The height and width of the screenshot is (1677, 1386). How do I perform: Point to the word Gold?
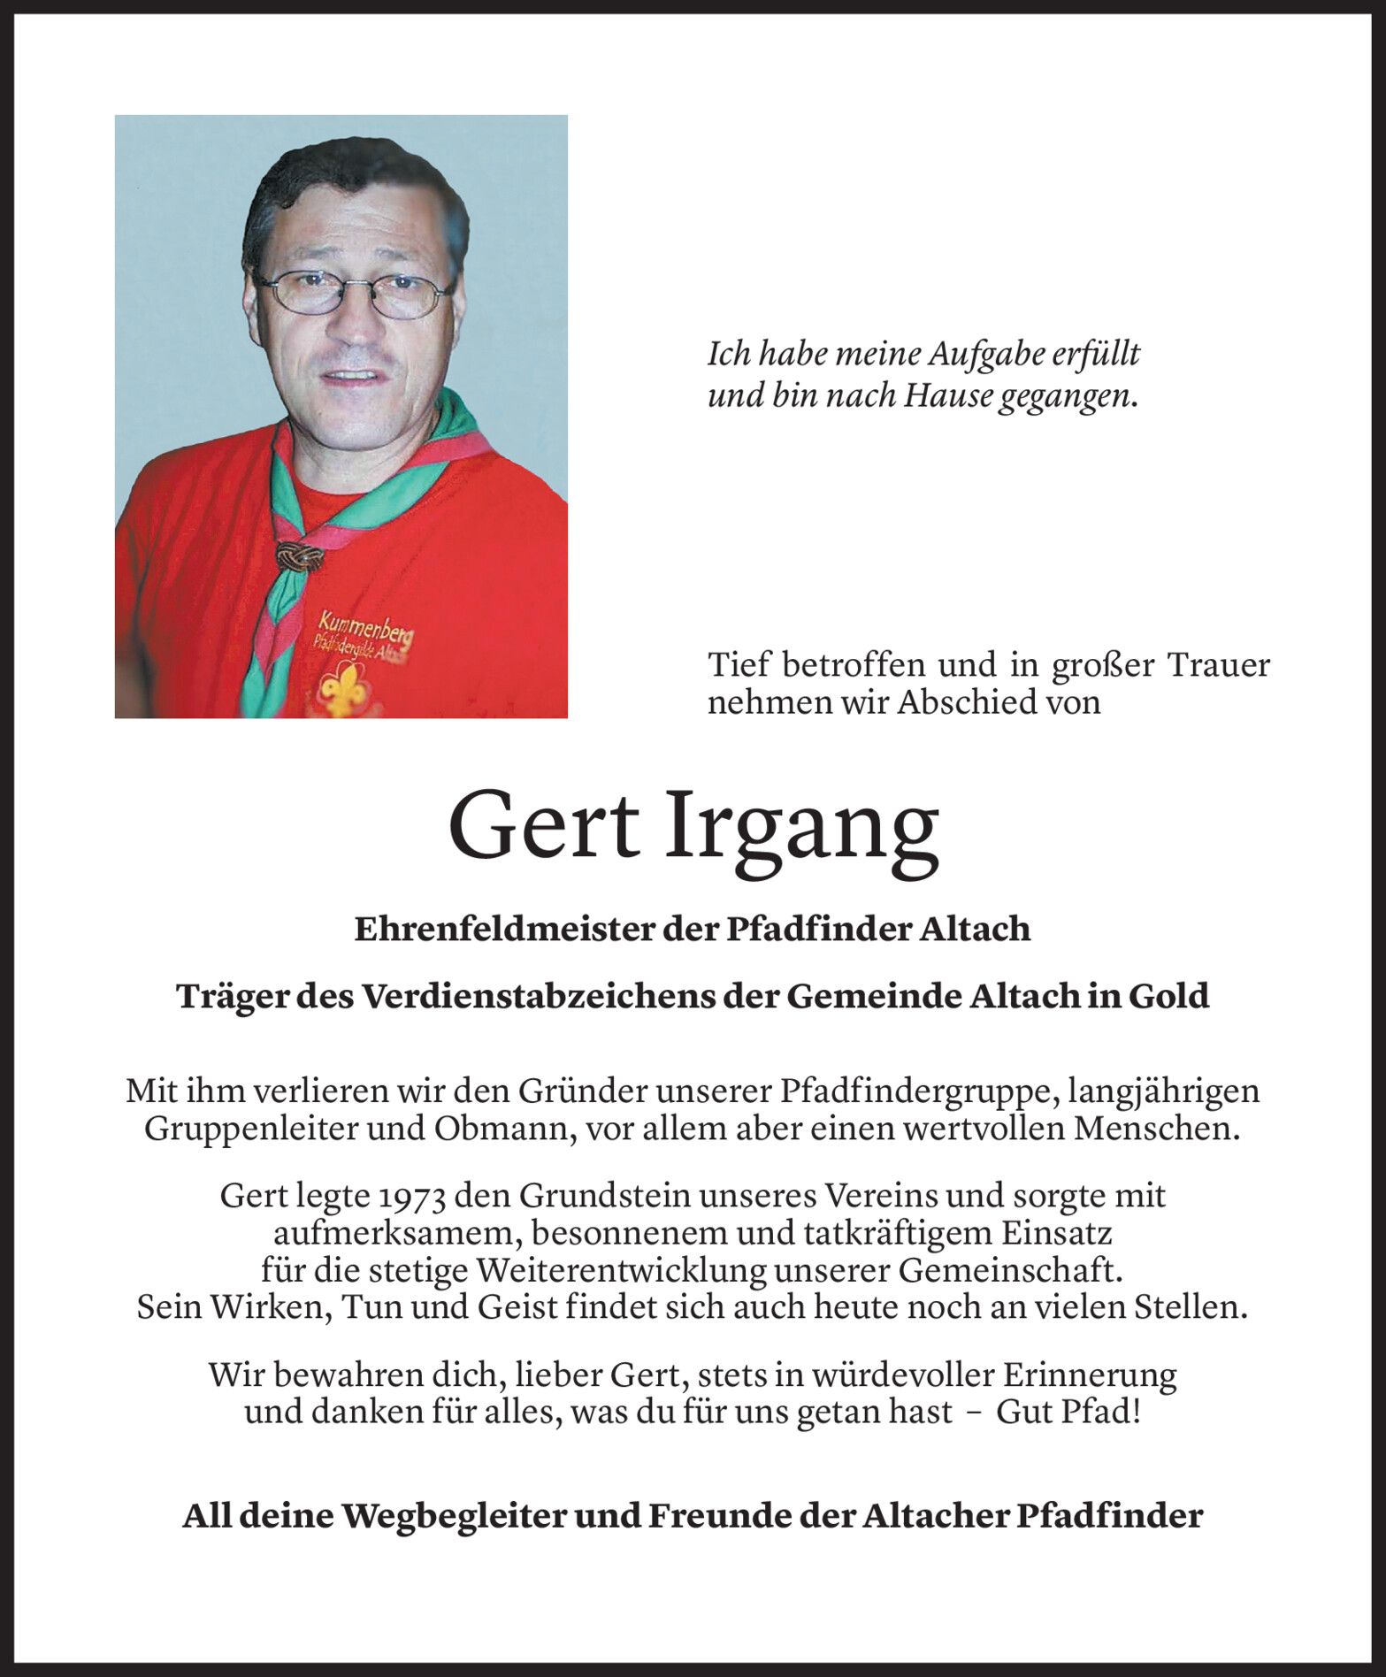(1168, 997)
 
